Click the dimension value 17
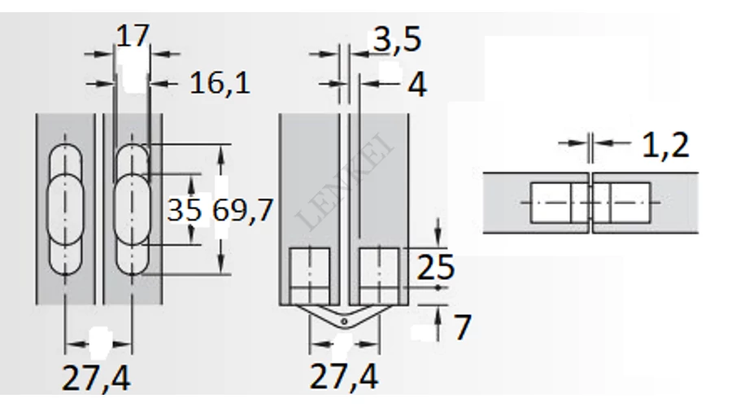pos(133,36)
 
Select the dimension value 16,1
pos(220,84)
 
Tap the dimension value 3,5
pos(397,39)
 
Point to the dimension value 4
pos(417,85)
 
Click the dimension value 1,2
pos(665,146)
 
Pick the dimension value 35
pos(185,210)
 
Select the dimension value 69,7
pos(242,210)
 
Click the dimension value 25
pos(435,267)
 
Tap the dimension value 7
pos(462,327)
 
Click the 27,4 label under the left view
pos(96,378)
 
